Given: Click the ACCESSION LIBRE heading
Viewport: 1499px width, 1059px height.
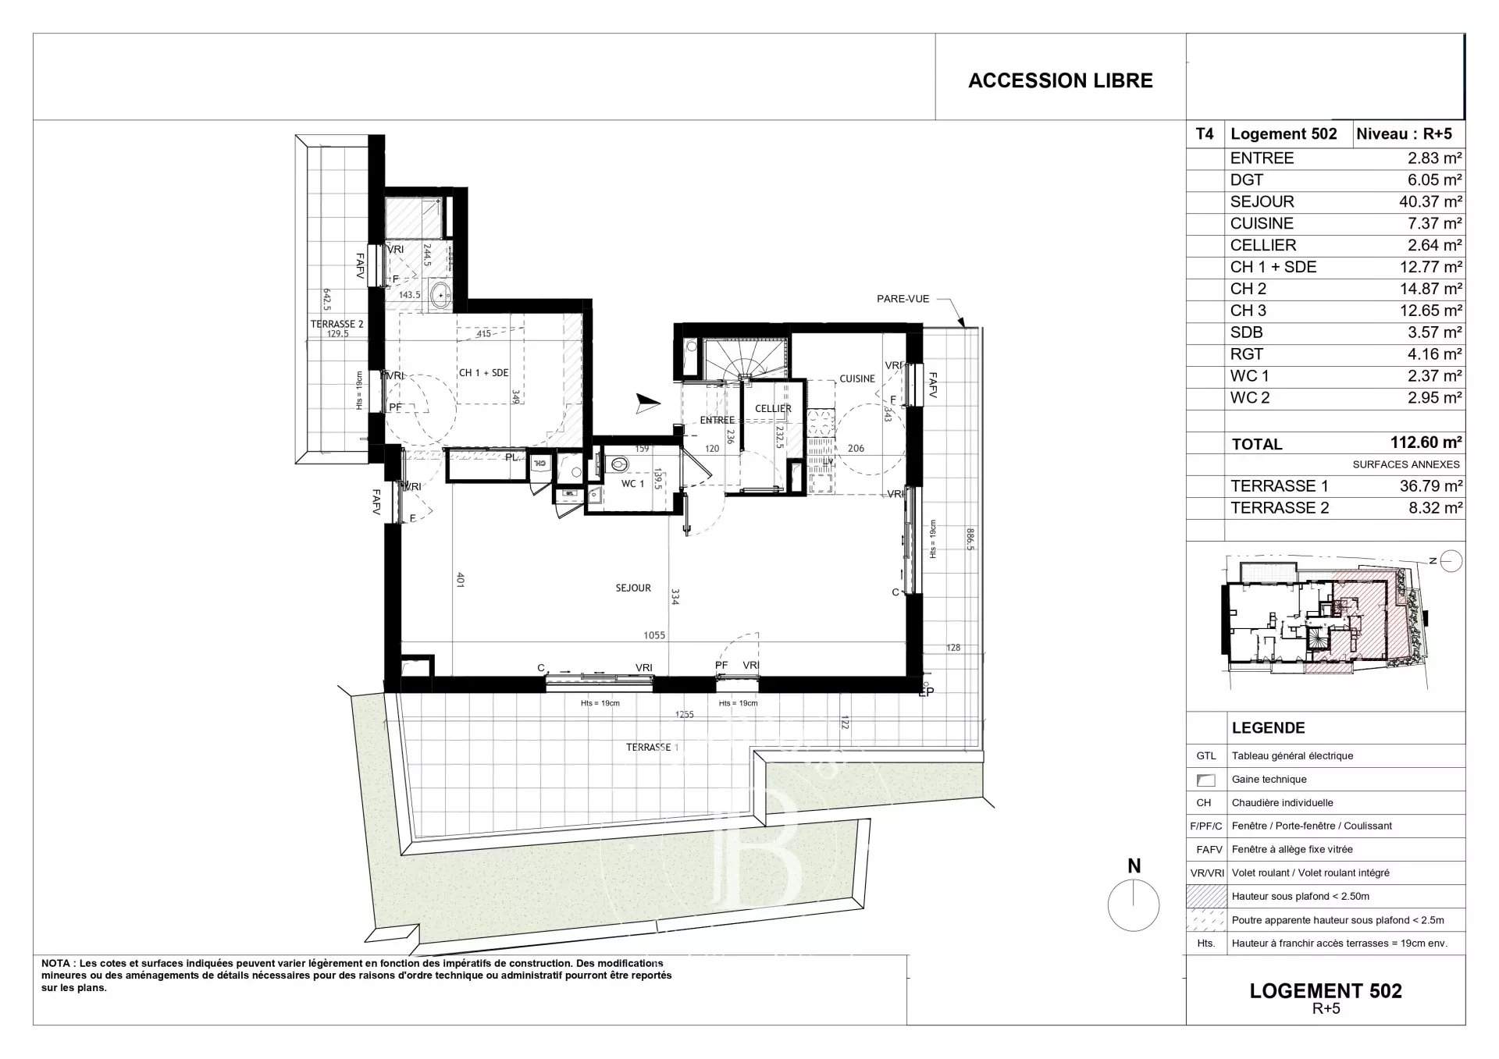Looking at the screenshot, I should click(x=1059, y=80).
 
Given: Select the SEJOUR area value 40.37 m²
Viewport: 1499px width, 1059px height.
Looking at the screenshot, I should click(x=1430, y=201).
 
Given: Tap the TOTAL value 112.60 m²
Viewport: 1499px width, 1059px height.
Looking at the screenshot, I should click(x=1425, y=442).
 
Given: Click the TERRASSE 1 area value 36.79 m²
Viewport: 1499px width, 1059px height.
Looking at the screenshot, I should click(x=1430, y=485).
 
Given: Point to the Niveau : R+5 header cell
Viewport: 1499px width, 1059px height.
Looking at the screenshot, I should click(x=1404, y=133).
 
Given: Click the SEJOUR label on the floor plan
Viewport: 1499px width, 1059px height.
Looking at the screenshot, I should click(x=632, y=588).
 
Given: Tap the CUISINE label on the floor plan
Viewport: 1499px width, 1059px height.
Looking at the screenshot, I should click(x=856, y=378).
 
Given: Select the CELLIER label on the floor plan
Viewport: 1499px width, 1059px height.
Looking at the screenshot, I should click(x=773, y=408).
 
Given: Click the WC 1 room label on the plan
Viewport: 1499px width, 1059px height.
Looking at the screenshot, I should click(x=632, y=484).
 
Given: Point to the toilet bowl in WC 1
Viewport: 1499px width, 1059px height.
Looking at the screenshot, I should click(x=618, y=464).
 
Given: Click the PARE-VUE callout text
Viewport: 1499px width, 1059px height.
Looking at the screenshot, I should click(x=903, y=299).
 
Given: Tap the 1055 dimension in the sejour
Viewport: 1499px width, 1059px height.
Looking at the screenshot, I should click(x=654, y=635).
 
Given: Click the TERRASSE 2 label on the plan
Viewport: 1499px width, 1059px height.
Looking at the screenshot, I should click(x=336, y=324).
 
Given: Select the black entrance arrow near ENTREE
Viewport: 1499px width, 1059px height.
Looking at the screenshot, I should click(x=647, y=403).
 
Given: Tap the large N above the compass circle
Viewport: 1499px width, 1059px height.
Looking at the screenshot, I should click(x=1134, y=865).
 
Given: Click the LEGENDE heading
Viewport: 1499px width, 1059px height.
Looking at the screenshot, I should click(x=1268, y=728).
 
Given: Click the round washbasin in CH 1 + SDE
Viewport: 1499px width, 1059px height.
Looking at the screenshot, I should click(x=441, y=296).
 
